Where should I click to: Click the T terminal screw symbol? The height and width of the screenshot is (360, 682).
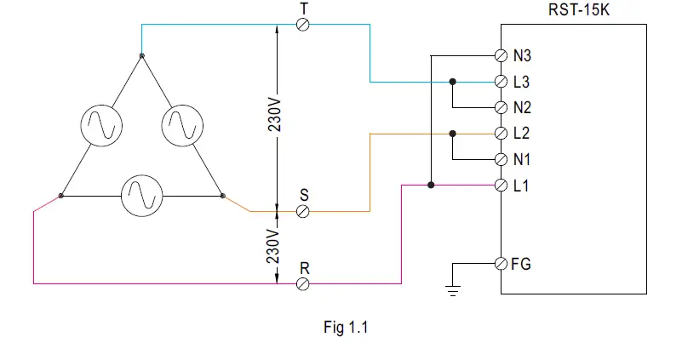pyautogui.click(x=302, y=25)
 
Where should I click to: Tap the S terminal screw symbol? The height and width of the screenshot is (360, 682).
pyautogui.click(x=302, y=212)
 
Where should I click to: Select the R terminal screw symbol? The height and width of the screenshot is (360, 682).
pyautogui.click(x=302, y=283)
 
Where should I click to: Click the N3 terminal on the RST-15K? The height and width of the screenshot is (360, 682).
pyautogui.click(x=501, y=56)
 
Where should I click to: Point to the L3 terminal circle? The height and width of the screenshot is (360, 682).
pyautogui.click(x=501, y=82)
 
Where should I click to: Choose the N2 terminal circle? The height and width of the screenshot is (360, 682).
pyautogui.click(x=501, y=108)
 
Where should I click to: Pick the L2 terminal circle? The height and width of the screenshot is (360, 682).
pyautogui.click(x=501, y=134)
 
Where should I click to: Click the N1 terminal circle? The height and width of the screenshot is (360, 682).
pyautogui.click(x=501, y=159)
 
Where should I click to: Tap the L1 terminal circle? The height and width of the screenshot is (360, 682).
pyautogui.click(x=501, y=185)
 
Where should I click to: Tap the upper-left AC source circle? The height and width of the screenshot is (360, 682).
pyautogui.click(x=101, y=125)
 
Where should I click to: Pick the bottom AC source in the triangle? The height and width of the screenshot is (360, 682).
pyautogui.click(x=141, y=196)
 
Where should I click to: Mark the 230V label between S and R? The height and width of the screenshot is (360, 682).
pyautogui.click(x=274, y=248)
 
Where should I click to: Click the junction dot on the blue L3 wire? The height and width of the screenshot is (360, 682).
pyautogui.click(x=453, y=82)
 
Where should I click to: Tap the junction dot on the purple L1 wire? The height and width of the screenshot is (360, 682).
pyautogui.click(x=432, y=185)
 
